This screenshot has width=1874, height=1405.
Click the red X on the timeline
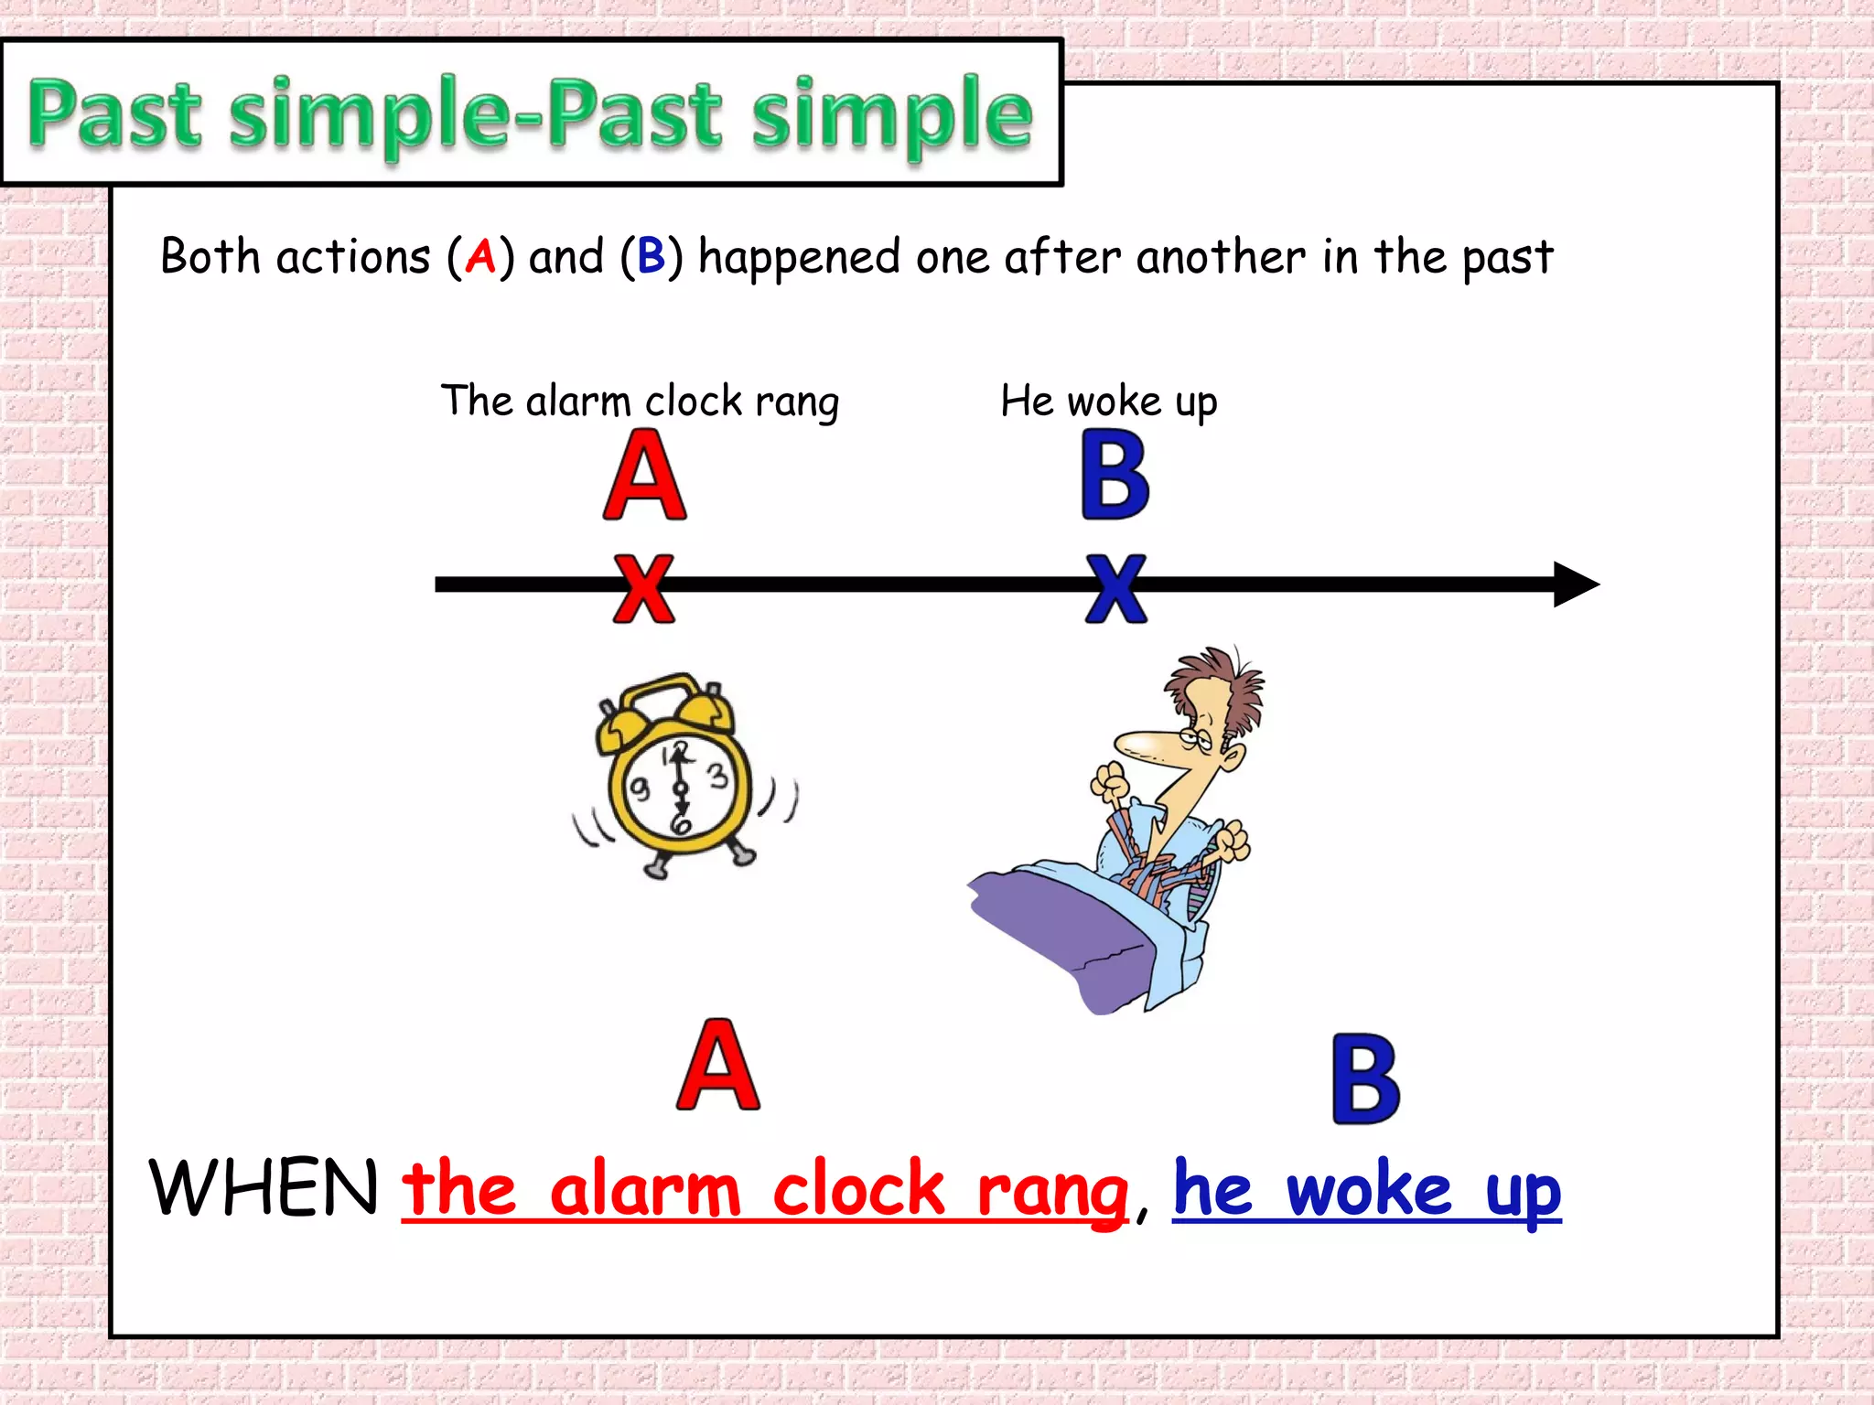[644, 588]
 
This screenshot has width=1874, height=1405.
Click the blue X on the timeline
[1115, 588]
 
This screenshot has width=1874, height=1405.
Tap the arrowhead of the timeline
[1576, 585]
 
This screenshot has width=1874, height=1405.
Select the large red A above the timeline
[644, 476]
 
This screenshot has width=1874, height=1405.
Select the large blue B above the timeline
[1115, 476]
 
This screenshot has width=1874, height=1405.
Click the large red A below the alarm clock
[718, 1066]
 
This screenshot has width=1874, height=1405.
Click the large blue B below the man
[1365, 1079]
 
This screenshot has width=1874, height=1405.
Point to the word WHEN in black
[264, 1187]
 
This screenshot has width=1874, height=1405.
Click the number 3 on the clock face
[718, 776]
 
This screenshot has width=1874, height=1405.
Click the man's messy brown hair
[1222, 681]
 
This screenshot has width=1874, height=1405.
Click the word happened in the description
[799, 257]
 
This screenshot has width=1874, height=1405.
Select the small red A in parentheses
[480, 256]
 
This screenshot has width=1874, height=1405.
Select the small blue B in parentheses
[651, 256]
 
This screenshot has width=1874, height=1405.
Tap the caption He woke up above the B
[1108, 402]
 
